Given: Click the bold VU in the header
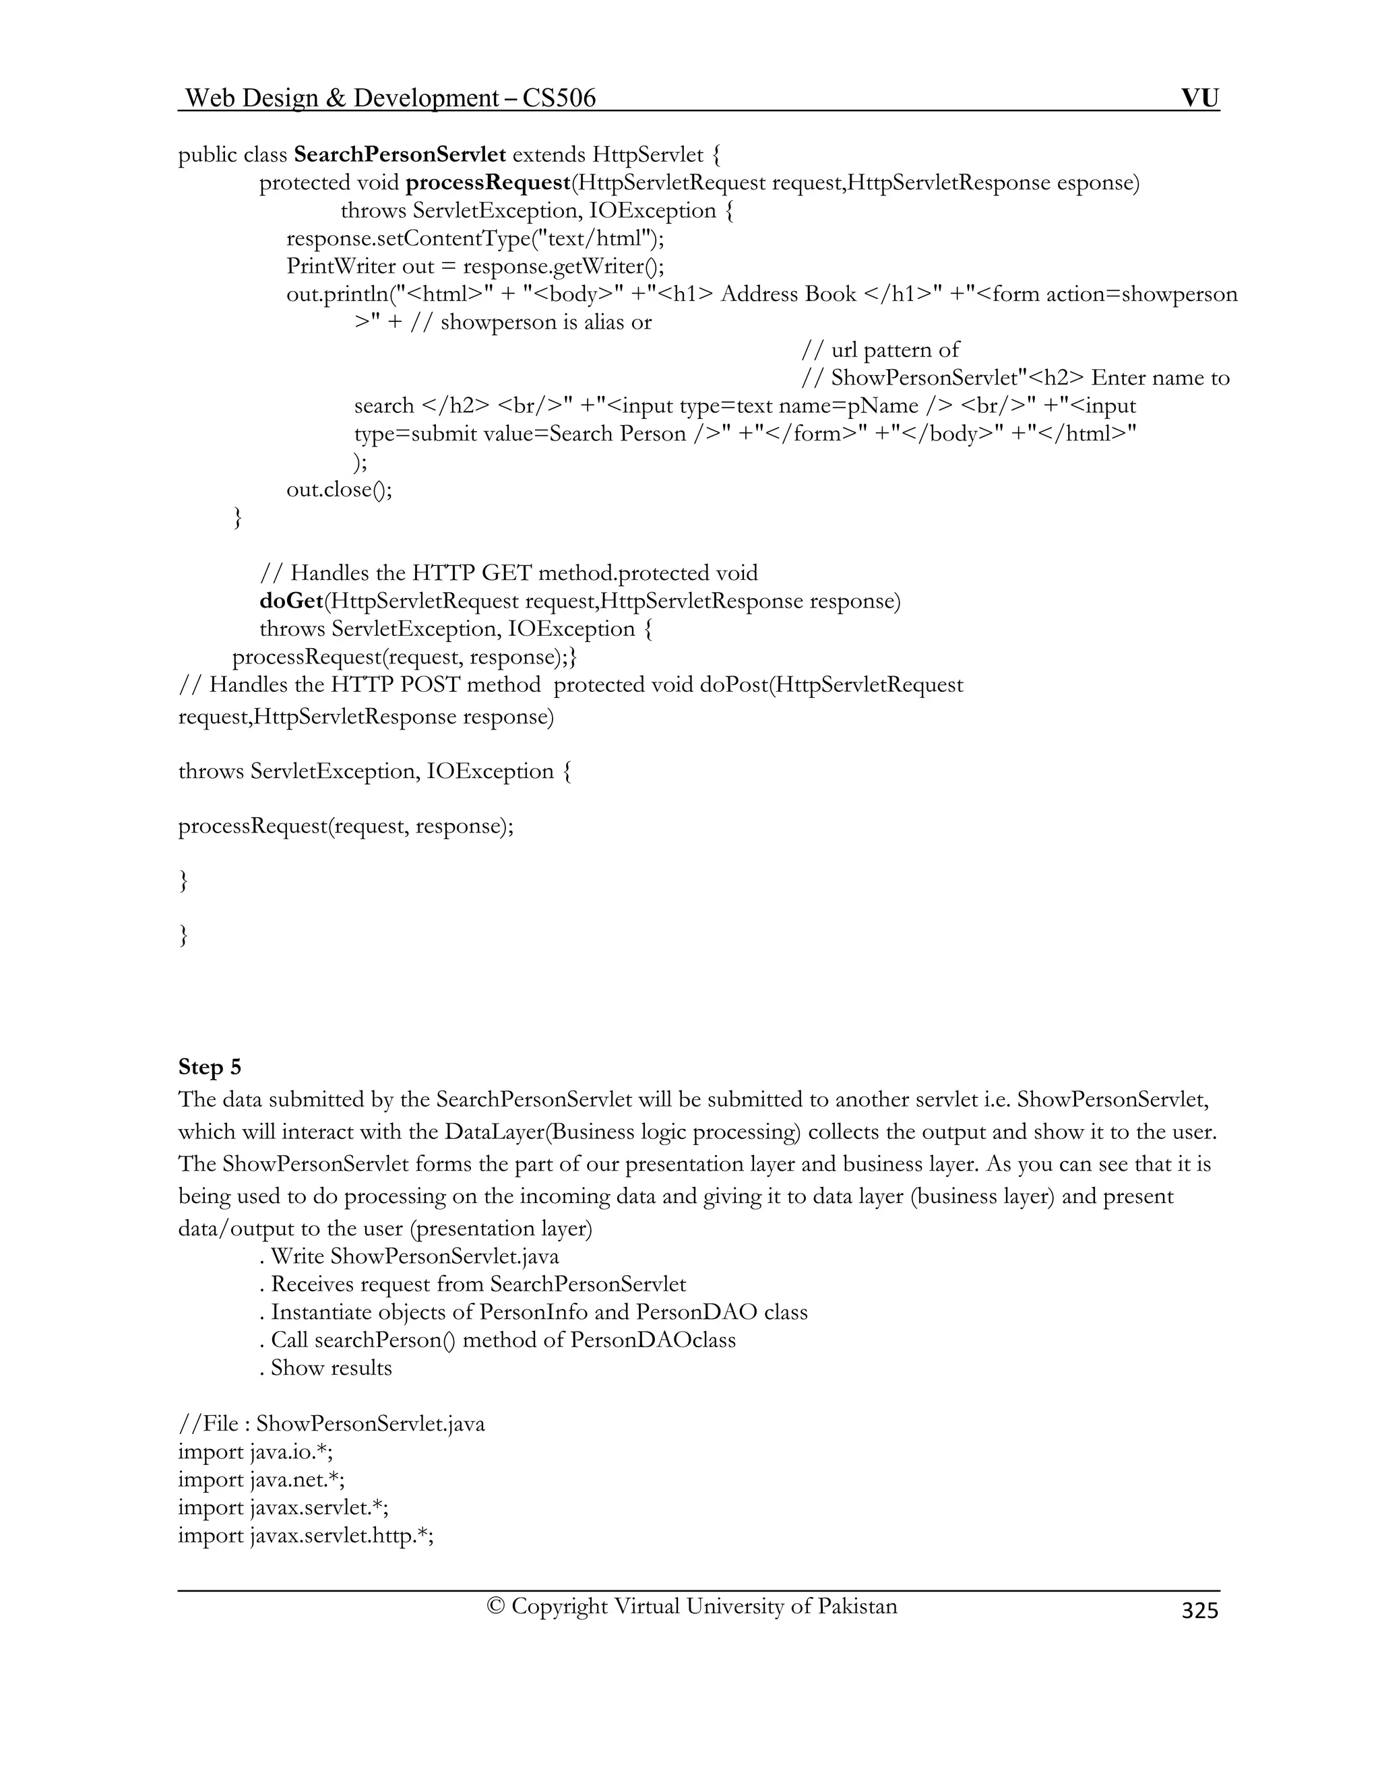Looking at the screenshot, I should tap(1199, 98).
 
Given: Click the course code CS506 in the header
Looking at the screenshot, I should tap(559, 98).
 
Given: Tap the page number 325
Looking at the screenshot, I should tap(1199, 1609).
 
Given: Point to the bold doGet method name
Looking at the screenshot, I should tap(291, 601).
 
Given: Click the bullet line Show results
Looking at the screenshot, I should tap(326, 1367).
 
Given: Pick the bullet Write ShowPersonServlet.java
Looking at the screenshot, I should tap(410, 1256).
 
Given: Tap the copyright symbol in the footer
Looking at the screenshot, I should tap(495, 1605).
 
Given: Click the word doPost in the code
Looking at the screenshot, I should tap(733, 684).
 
